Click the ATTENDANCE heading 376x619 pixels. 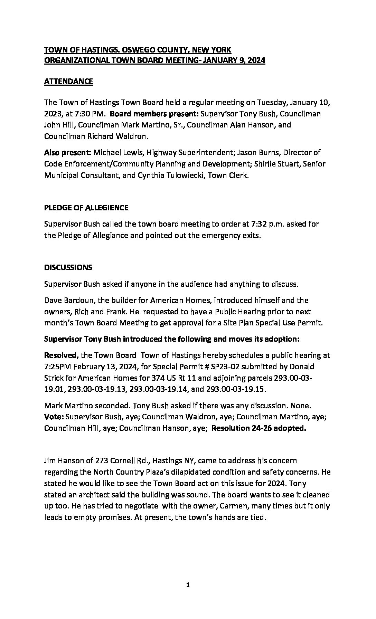[68, 82]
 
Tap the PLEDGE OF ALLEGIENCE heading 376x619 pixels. [86, 208]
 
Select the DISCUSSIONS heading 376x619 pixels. [68, 267]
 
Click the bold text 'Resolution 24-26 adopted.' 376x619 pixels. [258, 428]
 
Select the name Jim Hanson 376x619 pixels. [65, 460]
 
